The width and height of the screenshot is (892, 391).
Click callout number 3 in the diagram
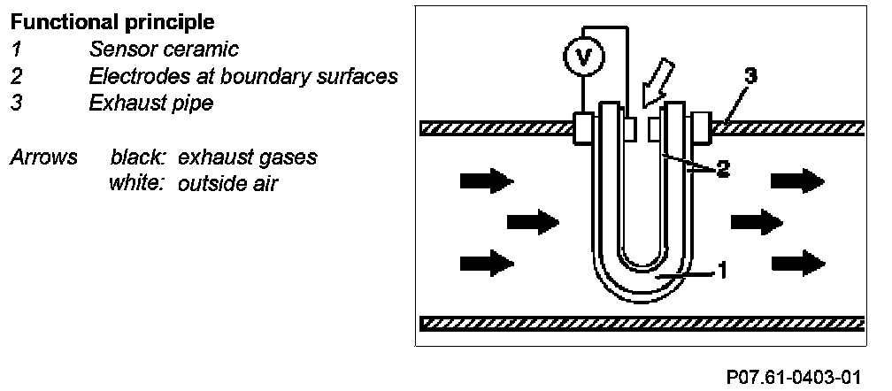tap(749, 77)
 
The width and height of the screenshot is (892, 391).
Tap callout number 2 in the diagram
tap(722, 171)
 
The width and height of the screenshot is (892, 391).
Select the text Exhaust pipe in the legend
tap(150, 103)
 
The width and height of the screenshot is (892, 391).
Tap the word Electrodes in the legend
tap(136, 76)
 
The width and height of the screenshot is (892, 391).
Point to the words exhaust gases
tap(248, 158)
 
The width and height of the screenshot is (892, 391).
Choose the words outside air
tap(228, 185)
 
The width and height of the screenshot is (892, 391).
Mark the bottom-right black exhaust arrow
tap(797, 262)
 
